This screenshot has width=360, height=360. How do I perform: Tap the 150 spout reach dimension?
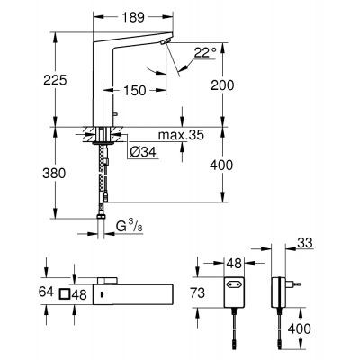coord(134,91)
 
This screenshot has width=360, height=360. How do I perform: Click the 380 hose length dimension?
coord(56,175)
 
